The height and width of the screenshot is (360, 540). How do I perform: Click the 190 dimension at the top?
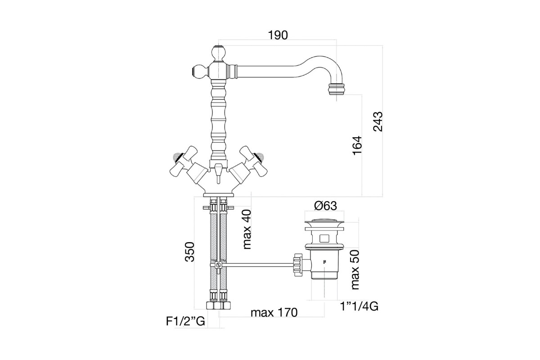click(278, 36)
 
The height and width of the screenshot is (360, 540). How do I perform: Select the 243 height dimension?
click(378, 121)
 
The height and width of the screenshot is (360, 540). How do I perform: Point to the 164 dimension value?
click(357, 146)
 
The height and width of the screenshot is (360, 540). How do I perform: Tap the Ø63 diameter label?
click(325, 206)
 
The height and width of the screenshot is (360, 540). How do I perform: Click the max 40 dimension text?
click(247, 229)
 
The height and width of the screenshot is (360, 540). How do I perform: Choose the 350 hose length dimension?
click(189, 252)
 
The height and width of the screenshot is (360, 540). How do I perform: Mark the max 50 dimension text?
click(355, 270)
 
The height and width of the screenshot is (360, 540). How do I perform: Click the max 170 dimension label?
click(274, 313)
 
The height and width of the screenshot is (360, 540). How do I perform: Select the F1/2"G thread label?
click(185, 321)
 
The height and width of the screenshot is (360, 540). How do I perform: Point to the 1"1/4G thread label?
click(359, 307)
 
